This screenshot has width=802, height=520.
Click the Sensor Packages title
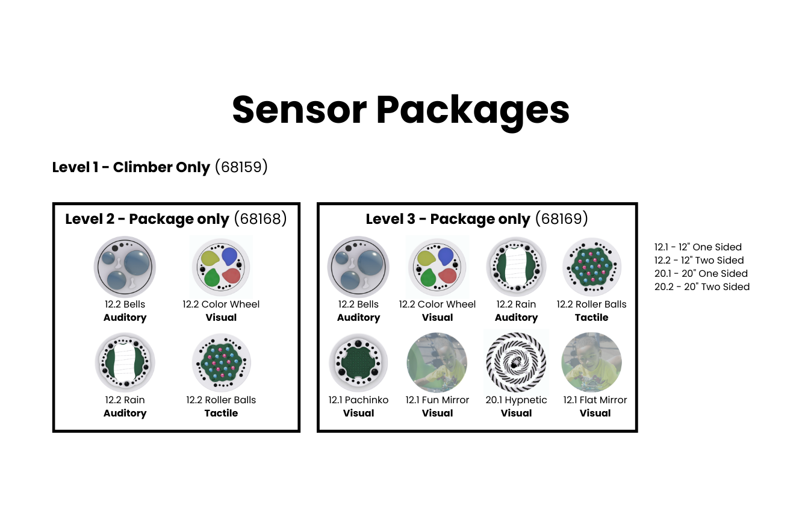tap(400, 110)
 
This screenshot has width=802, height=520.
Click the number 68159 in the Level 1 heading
tap(241, 167)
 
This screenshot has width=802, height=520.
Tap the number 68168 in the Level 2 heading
tap(261, 218)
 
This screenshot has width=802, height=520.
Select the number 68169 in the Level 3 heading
tap(561, 218)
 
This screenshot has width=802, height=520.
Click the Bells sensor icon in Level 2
tap(125, 267)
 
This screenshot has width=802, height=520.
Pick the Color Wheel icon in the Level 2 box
tap(221, 267)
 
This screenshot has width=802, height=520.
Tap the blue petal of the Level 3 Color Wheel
tap(446, 256)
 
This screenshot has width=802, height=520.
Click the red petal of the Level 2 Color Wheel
tap(231, 276)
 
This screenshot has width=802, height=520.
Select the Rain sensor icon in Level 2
tap(125, 362)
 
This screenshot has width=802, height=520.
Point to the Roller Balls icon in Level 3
tap(591, 267)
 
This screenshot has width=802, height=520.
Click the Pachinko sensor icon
tap(358, 362)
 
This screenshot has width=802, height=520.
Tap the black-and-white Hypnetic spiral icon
tap(516, 362)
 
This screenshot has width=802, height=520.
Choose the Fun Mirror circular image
tap(437, 362)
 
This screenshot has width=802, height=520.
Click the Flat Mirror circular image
tap(591, 362)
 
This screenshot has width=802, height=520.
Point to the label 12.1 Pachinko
tap(358, 400)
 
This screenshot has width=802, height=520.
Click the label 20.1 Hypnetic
tap(516, 400)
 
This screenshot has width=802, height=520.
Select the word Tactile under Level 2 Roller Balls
tap(221, 413)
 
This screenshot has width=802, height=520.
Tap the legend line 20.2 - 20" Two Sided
tap(702, 286)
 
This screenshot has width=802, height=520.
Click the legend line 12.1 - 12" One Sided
tap(698, 247)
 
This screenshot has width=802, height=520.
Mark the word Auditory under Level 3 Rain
tap(516, 318)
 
